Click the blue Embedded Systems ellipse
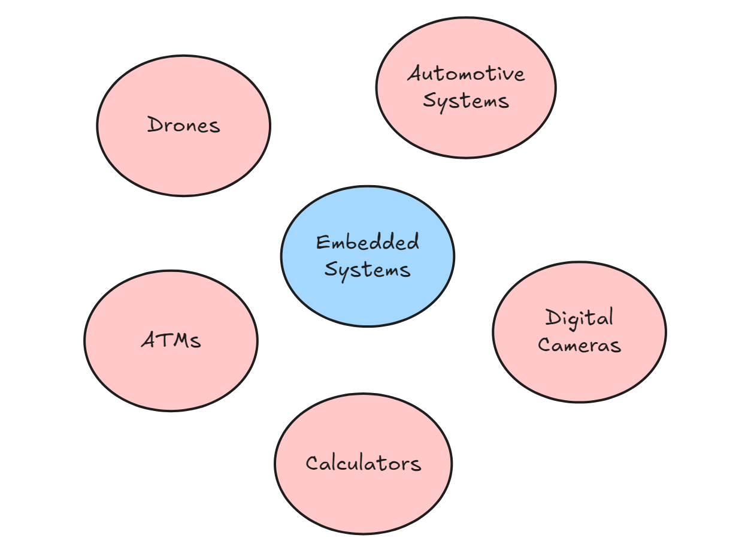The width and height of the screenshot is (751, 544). [367, 294]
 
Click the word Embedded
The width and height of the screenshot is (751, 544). [367, 243]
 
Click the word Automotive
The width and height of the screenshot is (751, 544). [466, 74]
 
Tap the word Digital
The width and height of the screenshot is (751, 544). [579, 318]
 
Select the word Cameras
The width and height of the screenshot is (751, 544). [579, 345]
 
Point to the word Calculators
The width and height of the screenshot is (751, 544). [363, 463]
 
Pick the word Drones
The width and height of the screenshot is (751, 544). [183, 125]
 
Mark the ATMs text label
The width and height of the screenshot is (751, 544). [171, 340]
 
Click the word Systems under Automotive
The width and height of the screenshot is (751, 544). [466, 101]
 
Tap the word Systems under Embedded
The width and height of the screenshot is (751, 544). [367, 270]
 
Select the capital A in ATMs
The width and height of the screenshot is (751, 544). [149, 340]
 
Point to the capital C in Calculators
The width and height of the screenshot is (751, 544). [311, 463]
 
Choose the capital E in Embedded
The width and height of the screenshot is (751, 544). [322, 243]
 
